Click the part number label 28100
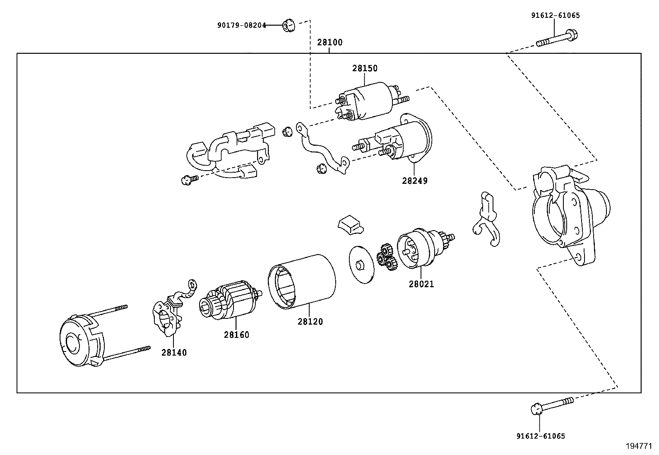tap(330, 42)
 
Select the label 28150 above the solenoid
tap(365, 68)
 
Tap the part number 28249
tap(414, 181)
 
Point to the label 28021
tap(421, 284)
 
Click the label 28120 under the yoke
tap(310, 321)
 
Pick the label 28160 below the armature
tap(236, 335)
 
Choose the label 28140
tap(174, 352)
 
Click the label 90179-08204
tap(241, 25)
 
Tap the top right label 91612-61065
tap(556, 16)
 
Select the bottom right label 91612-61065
tap(540, 436)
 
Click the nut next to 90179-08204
tap(288, 26)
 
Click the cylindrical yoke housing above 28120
tap(302, 282)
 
